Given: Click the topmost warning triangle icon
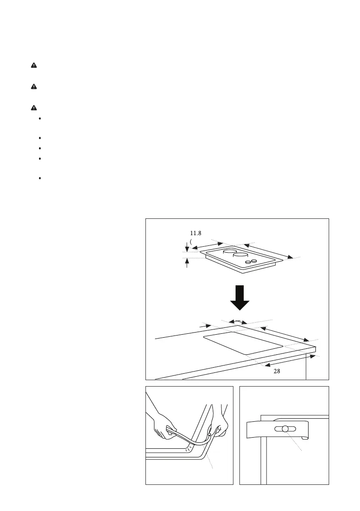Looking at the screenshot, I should [34, 65].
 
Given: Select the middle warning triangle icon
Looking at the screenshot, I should [34, 87].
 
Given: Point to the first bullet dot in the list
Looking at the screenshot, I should [39, 118].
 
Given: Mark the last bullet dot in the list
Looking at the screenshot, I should [39, 178].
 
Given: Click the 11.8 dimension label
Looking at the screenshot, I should [196, 233].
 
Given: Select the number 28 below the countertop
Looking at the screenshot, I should [277, 372].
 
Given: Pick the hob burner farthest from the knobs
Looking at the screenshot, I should [230, 252].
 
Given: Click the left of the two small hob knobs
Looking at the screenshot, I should [248, 262].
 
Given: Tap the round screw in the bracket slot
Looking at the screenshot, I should [285, 429].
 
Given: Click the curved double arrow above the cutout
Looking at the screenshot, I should [237, 321].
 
